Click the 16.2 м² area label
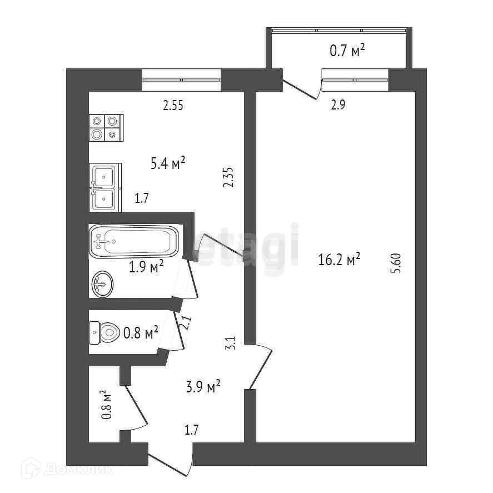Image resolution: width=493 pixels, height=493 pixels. [x=340, y=260]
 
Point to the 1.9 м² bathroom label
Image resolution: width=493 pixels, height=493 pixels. [x=146, y=267]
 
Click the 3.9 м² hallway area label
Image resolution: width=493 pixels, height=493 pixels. [x=203, y=386]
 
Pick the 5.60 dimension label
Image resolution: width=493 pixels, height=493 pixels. [x=396, y=263]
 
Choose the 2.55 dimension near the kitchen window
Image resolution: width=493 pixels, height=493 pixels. [x=173, y=105]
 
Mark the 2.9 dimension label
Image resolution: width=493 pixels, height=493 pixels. [x=338, y=105]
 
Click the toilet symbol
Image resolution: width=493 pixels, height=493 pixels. [x=105, y=332]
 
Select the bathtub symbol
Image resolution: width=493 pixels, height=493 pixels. [x=134, y=241]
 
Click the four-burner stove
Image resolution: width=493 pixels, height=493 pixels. [x=106, y=128]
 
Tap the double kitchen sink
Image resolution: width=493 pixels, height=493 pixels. [x=104, y=188]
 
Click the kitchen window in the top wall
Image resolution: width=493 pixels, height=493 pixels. [x=181, y=79]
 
